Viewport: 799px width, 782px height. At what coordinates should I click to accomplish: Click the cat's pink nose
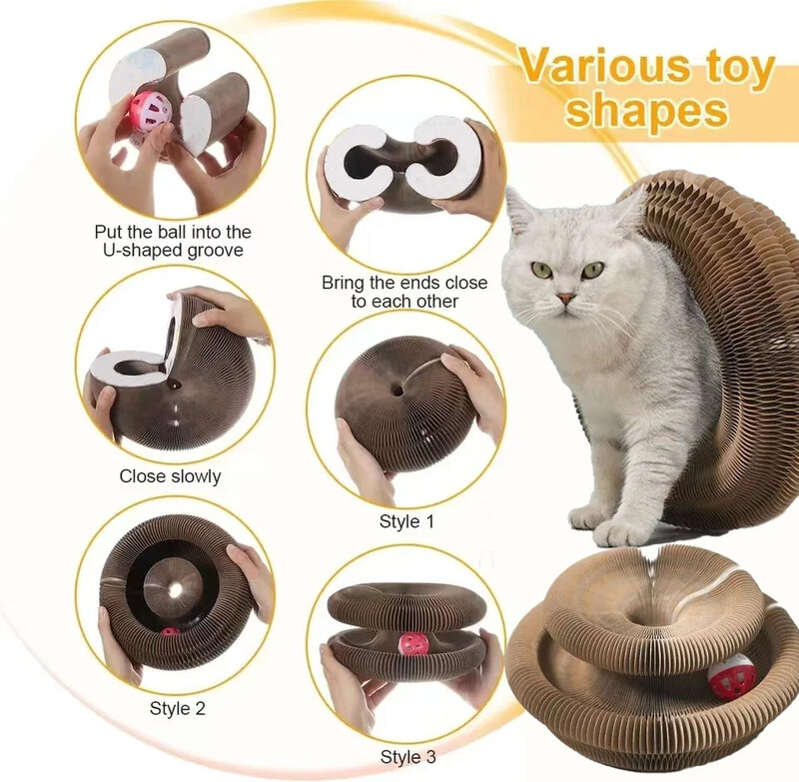pyautogui.click(x=565, y=298)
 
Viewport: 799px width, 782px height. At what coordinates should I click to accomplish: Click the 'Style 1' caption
pyautogui.click(x=405, y=521)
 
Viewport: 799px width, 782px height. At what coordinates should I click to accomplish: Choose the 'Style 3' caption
pyautogui.click(x=407, y=757)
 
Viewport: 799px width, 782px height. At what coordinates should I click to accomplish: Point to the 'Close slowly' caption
pyautogui.click(x=170, y=476)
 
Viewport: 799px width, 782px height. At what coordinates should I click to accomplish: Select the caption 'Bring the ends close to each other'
pyautogui.click(x=404, y=292)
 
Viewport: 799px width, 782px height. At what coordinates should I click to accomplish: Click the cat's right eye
pyautogui.click(x=539, y=269)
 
